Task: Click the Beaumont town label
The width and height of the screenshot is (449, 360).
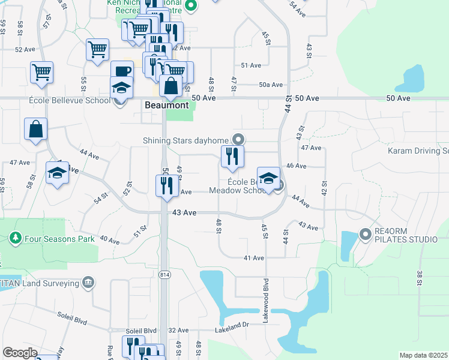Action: click(167, 105)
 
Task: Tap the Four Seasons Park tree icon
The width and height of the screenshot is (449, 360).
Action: click(16, 238)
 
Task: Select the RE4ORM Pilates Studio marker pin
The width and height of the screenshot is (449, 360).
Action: click(364, 233)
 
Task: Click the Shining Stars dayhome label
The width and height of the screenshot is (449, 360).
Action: click(187, 141)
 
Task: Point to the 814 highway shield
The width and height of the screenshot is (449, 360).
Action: click(164, 275)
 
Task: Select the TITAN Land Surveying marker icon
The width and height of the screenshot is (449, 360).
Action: click(88, 281)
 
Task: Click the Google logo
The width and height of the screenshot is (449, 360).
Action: click(20, 353)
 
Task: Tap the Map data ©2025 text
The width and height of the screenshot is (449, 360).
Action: click(423, 355)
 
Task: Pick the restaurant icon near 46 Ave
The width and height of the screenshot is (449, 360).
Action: click(232, 157)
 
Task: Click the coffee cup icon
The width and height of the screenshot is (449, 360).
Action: click(122, 71)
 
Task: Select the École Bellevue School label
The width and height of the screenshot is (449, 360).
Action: click(69, 100)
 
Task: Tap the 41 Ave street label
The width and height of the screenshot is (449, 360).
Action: click(253, 258)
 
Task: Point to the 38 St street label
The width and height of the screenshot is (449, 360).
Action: click(419, 278)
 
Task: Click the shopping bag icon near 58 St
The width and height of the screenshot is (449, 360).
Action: click(36, 129)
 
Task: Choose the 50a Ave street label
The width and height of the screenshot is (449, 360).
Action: click(271, 85)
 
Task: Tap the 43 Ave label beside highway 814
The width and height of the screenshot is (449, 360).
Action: click(184, 212)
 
